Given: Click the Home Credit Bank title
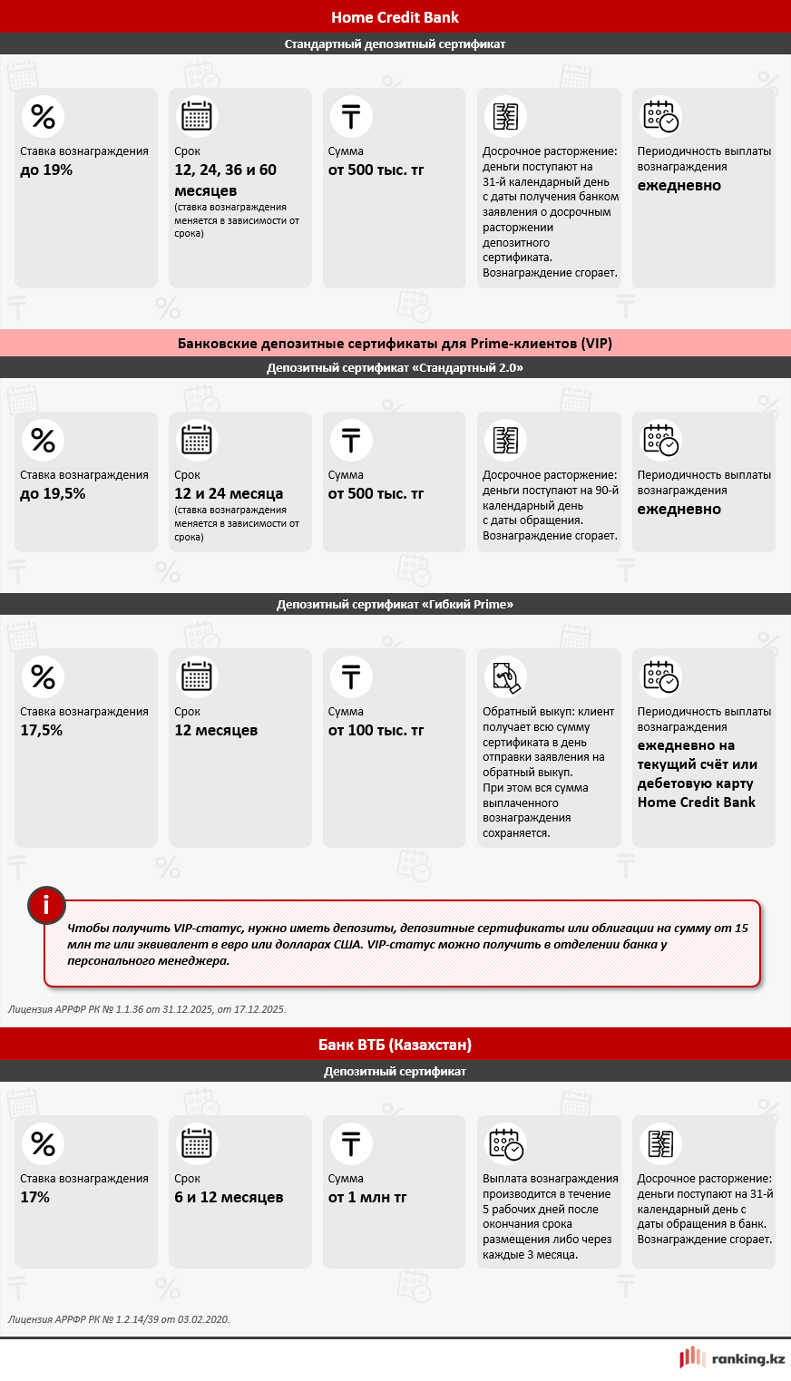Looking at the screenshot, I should click(x=395, y=17).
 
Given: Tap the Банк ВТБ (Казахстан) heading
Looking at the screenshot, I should click(x=395, y=1045).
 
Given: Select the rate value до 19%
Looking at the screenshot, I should click(x=46, y=170).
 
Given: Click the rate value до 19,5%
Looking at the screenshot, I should click(x=53, y=494).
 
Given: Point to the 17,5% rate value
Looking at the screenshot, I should click(x=42, y=731).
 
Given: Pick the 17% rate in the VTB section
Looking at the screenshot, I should click(x=35, y=1198).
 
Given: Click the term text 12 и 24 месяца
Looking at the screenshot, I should click(x=229, y=494).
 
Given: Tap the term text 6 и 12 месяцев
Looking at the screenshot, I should click(x=229, y=1198).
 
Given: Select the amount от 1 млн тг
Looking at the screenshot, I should click(x=367, y=1198).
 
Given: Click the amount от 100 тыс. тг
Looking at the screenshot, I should click(x=376, y=731).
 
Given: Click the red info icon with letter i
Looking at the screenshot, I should click(x=46, y=905).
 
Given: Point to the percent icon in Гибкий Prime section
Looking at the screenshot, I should click(x=43, y=676).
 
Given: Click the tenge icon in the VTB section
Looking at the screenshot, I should click(x=351, y=1143).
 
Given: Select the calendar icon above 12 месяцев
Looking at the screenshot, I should click(x=197, y=676).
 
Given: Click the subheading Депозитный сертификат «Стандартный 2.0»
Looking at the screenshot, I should click(x=395, y=368).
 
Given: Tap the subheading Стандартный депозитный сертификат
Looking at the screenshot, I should click(x=395, y=44).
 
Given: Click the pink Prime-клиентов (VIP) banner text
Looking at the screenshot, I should click(x=395, y=344).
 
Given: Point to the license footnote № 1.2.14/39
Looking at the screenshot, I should click(x=119, y=1319).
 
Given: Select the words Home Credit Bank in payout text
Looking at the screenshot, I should click(x=696, y=802).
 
